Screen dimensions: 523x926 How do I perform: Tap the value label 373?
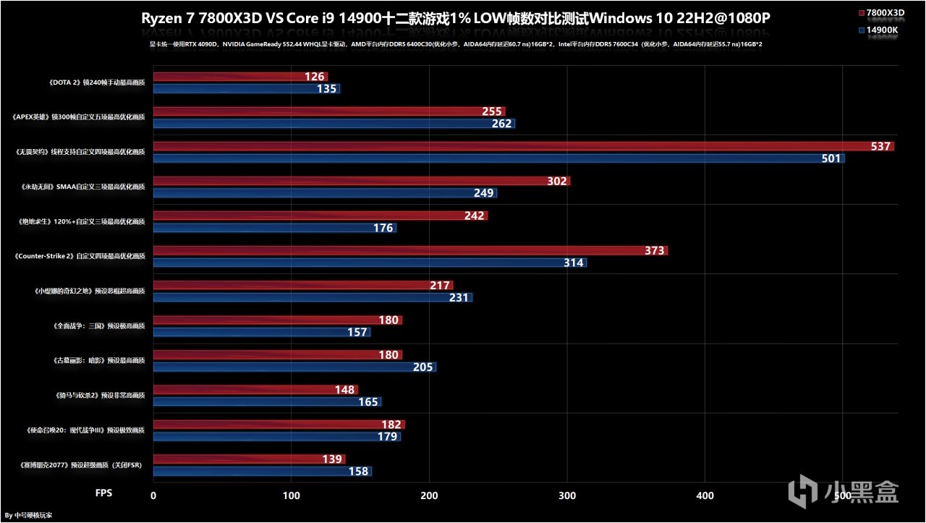point(655,251)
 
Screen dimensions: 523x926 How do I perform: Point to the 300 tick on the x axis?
point(568,496)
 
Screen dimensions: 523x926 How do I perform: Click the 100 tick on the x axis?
point(291,496)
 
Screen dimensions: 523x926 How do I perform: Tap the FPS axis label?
point(104,493)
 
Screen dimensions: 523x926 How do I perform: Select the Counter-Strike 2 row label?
point(80,256)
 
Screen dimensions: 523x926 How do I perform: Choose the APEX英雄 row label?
point(79,117)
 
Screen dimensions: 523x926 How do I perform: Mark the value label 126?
point(315,77)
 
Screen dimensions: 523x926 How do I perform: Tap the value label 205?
point(423,367)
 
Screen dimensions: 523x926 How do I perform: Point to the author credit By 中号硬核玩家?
point(28,515)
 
